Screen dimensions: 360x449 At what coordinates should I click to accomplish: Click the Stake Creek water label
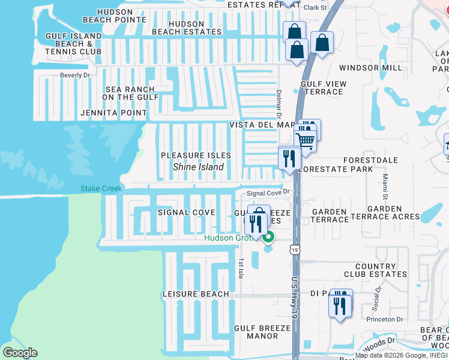point(101,189)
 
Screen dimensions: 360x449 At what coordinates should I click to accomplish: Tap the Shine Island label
point(194,167)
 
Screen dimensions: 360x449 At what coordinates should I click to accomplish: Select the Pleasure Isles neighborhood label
point(196,155)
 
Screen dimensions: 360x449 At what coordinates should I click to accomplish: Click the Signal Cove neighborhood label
point(186,212)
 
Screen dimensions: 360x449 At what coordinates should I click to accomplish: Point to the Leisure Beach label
point(196,294)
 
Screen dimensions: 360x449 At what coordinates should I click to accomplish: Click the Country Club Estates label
point(375,270)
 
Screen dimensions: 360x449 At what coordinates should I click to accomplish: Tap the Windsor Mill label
point(370,68)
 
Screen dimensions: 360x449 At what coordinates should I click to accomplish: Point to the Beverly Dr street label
point(74,75)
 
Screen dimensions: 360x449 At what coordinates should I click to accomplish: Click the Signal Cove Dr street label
point(268,193)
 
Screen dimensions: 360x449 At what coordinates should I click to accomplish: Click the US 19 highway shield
point(294,250)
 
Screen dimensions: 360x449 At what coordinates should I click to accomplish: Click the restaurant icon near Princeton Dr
point(339,306)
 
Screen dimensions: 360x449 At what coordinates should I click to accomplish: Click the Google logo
point(20,353)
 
